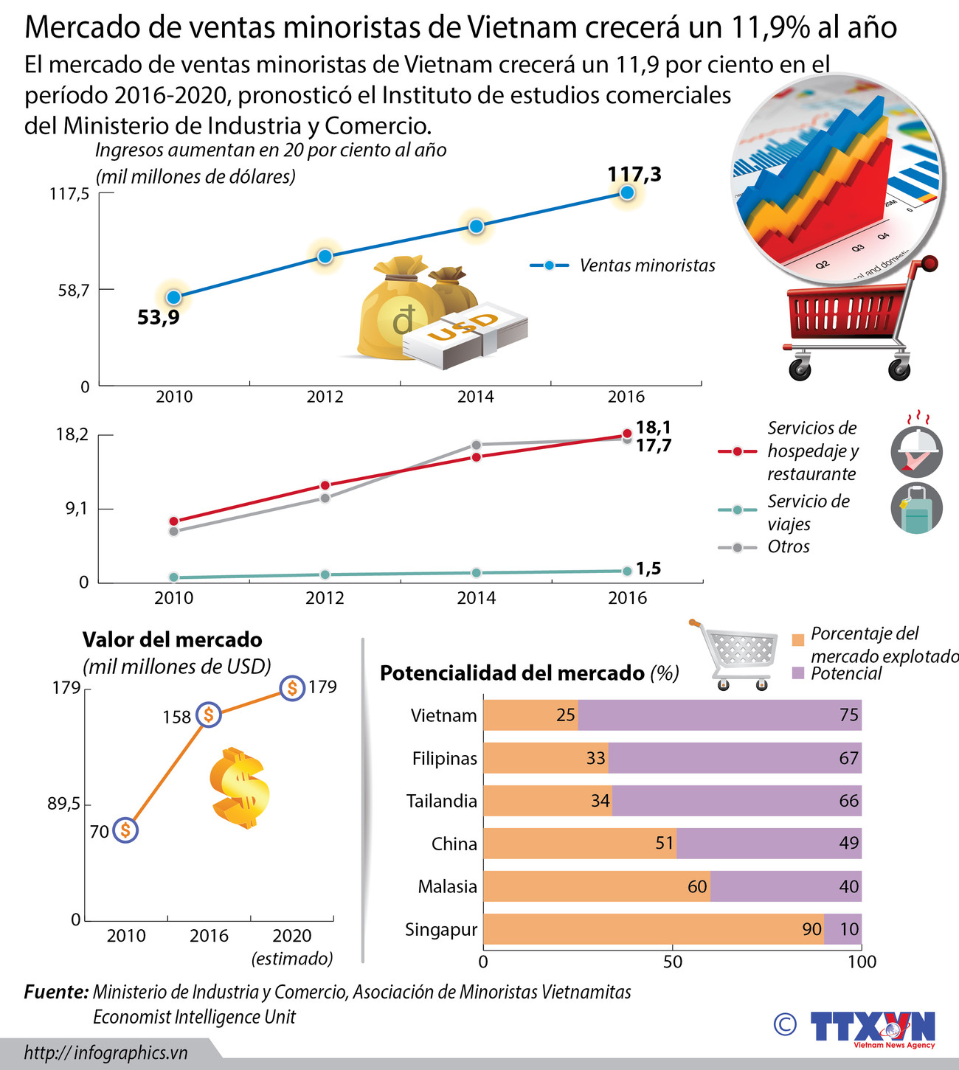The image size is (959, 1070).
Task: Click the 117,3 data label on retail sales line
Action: point(634,175)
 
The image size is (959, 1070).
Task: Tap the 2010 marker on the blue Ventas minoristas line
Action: point(173,297)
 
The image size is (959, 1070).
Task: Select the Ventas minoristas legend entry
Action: point(623,265)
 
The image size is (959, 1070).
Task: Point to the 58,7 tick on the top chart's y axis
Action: point(74,290)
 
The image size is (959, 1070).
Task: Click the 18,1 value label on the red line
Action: point(653,427)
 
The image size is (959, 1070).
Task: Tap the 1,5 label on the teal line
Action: point(648,569)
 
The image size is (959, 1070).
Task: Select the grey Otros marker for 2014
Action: point(477,445)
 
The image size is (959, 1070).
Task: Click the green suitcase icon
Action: point(916,508)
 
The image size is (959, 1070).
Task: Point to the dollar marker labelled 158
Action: point(209,715)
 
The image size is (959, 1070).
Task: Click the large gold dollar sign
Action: point(240,788)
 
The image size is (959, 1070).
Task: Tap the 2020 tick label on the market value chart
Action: point(292,936)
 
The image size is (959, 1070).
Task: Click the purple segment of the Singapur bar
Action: point(842,929)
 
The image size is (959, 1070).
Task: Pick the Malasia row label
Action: point(447,886)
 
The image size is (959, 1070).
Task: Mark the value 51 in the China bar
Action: point(665,844)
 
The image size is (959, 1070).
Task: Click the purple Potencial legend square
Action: point(797,673)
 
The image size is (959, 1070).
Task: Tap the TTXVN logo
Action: point(872,1026)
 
